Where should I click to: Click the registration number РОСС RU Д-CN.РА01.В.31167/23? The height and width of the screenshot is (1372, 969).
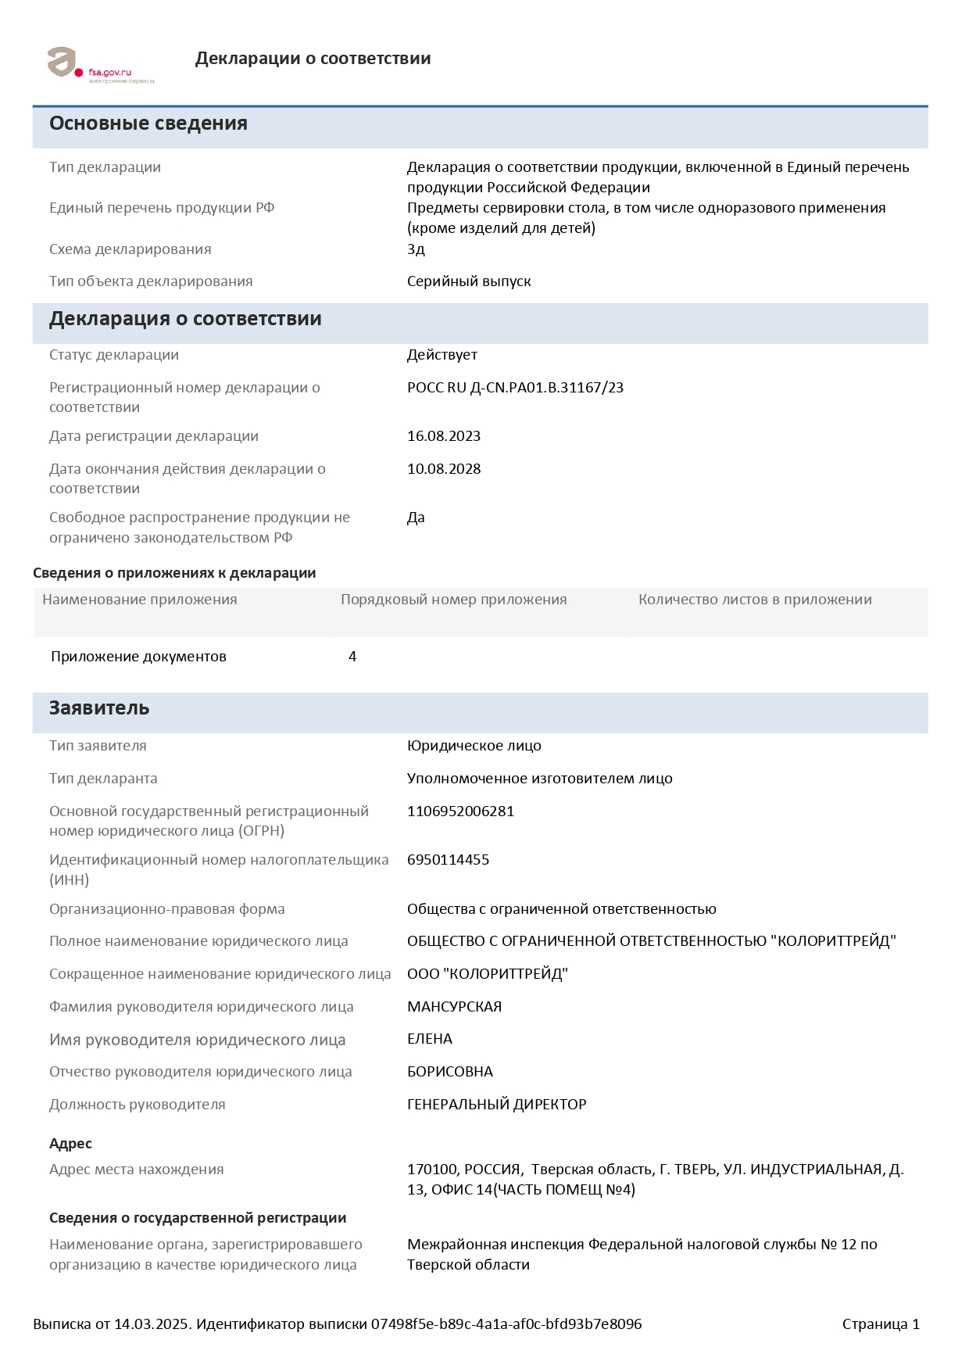pyautogui.click(x=515, y=388)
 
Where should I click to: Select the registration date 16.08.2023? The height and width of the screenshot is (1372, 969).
pyautogui.click(x=444, y=436)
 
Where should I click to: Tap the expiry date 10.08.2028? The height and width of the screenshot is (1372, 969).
pyautogui.click(x=444, y=469)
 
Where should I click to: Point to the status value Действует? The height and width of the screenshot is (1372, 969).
pyautogui.click(x=442, y=355)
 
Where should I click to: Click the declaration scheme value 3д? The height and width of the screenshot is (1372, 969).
pyautogui.click(x=416, y=249)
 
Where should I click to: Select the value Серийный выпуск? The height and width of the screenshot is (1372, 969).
pyautogui.click(x=469, y=281)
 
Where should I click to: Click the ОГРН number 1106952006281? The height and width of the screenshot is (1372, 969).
pyautogui.click(x=460, y=811)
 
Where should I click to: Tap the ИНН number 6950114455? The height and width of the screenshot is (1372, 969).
pyautogui.click(x=448, y=860)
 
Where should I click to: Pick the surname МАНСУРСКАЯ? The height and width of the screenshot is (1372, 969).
pyautogui.click(x=454, y=1007)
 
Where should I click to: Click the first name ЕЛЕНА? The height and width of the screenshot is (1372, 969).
pyautogui.click(x=430, y=1039)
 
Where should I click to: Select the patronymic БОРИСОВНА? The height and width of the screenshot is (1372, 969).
pyautogui.click(x=450, y=1072)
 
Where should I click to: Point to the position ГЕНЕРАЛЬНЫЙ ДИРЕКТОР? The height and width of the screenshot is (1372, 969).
pyautogui.click(x=496, y=1105)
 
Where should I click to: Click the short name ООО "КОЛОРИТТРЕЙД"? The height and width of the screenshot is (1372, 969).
pyautogui.click(x=487, y=974)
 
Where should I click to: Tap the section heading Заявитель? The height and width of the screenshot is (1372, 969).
pyautogui.click(x=99, y=708)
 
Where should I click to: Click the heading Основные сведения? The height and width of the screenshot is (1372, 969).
pyautogui.click(x=148, y=124)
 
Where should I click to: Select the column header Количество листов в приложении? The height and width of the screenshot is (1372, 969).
pyautogui.click(x=755, y=600)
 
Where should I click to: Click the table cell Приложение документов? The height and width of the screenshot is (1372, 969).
pyautogui.click(x=138, y=657)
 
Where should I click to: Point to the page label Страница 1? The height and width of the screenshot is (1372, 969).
pyautogui.click(x=881, y=1324)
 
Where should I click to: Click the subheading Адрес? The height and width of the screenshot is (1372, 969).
pyautogui.click(x=70, y=1144)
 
